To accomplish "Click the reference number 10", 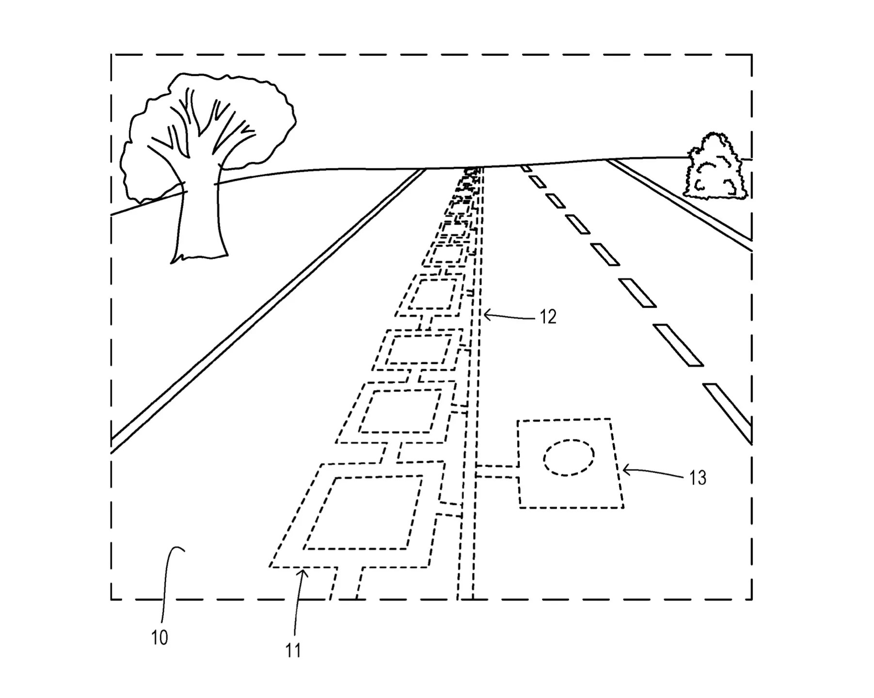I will point(159,637).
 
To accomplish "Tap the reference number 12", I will point(548,317).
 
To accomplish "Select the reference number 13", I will point(698,478).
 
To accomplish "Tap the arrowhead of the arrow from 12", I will point(486,315).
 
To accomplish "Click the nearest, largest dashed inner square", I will point(364,513).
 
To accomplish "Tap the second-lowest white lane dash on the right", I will point(678,345).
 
